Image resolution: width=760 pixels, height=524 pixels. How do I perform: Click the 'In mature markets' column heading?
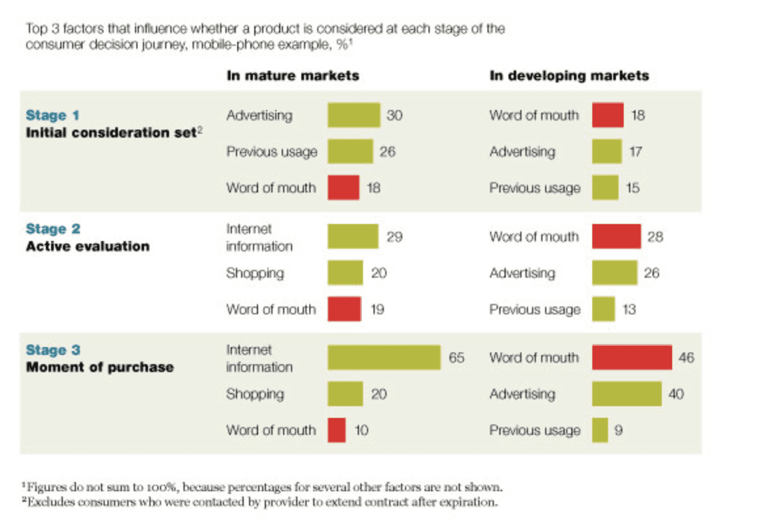pyautogui.click(x=293, y=75)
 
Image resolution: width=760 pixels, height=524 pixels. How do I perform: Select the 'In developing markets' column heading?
pyautogui.click(x=569, y=75)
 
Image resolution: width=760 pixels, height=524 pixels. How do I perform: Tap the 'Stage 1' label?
pyautogui.click(x=52, y=115)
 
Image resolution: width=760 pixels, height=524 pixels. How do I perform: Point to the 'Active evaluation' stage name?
pyautogui.click(x=88, y=246)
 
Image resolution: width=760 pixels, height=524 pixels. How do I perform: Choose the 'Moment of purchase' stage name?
pyautogui.click(x=100, y=367)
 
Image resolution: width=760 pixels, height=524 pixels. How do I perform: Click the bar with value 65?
pyautogui.click(x=384, y=357)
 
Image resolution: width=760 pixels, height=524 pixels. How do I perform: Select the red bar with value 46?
pyautogui.click(x=632, y=357)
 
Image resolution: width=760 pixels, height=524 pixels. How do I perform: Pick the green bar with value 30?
pyautogui.click(x=354, y=115)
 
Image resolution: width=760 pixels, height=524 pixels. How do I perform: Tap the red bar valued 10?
pyautogui.click(x=337, y=430)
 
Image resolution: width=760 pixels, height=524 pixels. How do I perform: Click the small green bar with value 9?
pyautogui.click(x=600, y=430)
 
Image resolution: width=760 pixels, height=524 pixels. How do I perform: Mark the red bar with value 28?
pyautogui.click(x=617, y=236)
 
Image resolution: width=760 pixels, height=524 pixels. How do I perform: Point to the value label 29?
pyautogui.click(x=394, y=236)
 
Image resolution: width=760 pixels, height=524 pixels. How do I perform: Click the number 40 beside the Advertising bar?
pyautogui.click(x=676, y=394)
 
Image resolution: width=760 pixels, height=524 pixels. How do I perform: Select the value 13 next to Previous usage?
pyautogui.click(x=629, y=309)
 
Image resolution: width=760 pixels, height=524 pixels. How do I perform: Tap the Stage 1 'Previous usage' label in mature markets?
pyautogui.click(x=272, y=152)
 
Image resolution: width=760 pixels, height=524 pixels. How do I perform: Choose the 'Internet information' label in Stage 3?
pyautogui.click(x=259, y=358)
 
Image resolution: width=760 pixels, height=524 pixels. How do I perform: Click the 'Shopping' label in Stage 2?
pyautogui.click(x=255, y=273)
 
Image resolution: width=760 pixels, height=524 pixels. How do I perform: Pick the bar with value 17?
pyautogui.click(x=607, y=152)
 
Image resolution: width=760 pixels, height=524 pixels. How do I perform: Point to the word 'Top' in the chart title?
pyautogui.click(x=37, y=29)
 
